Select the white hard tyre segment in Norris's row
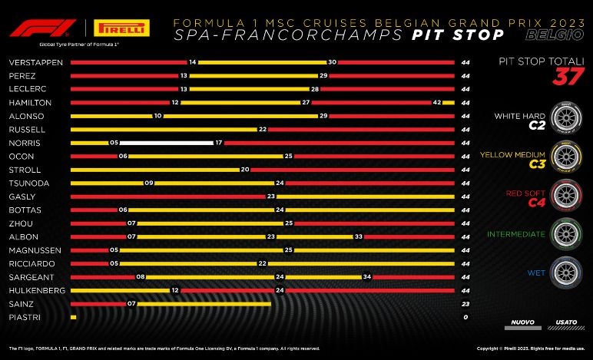point(165,143)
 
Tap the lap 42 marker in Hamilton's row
point(436,102)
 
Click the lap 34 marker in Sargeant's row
point(367,276)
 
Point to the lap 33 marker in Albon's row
point(358,236)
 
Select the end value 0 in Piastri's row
point(465,317)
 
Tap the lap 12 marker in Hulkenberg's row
point(175,290)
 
